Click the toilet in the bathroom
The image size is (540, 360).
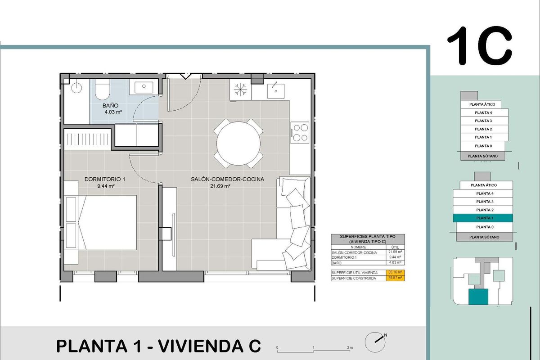(103, 90)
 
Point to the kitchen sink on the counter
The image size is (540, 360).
(274, 90)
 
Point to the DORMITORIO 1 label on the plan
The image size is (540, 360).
(105, 180)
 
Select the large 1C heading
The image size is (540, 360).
(479, 46)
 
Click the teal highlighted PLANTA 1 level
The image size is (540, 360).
(482, 218)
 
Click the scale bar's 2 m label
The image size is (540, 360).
(350, 348)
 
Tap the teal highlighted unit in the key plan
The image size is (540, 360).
(478, 298)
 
